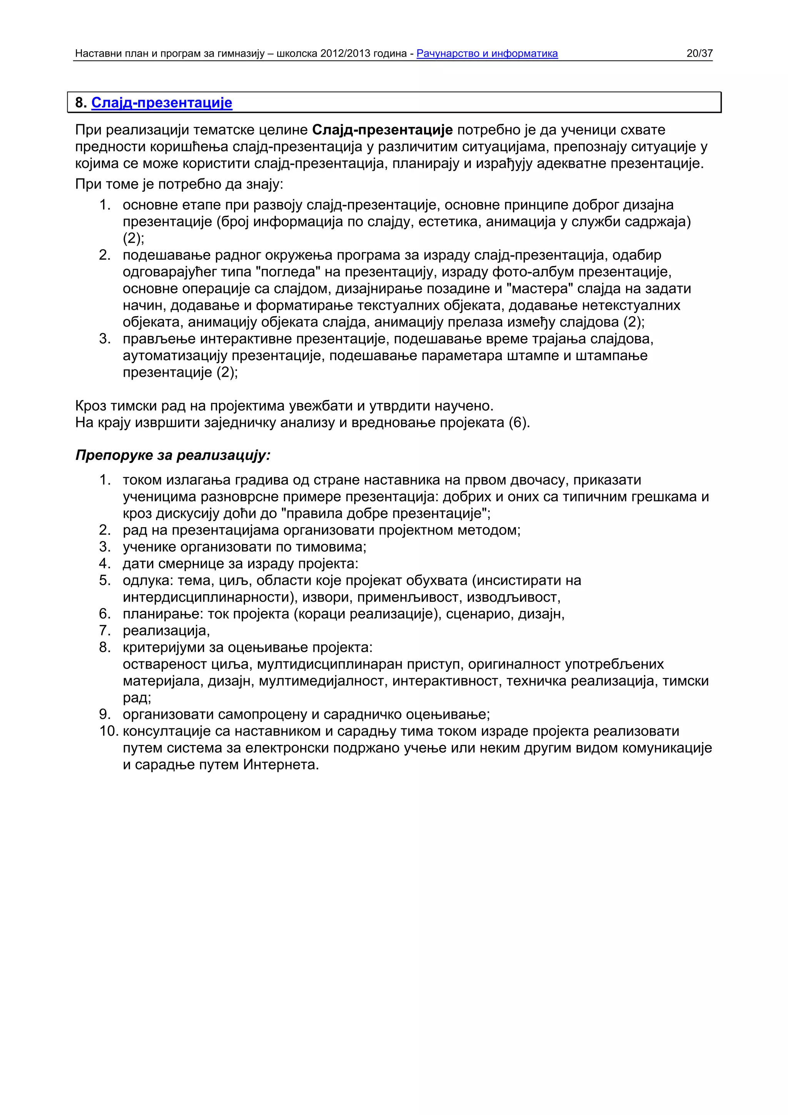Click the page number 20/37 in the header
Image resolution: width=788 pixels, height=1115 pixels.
pyautogui.click(x=699, y=53)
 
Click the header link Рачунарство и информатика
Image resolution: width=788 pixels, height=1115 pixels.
pyautogui.click(x=487, y=53)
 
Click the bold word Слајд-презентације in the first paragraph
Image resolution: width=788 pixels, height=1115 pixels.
pyautogui.click(x=382, y=130)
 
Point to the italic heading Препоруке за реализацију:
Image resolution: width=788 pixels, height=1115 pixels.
pyautogui.click(x=173, y=455)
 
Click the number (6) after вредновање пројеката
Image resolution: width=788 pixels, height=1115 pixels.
pyautogui.click(x=518, y=422)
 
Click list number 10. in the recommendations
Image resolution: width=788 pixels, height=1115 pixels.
pyautogui.click(x=109, y=731)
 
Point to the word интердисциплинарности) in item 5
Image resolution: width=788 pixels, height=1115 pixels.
pyautogui.click(x=210, y=597)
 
